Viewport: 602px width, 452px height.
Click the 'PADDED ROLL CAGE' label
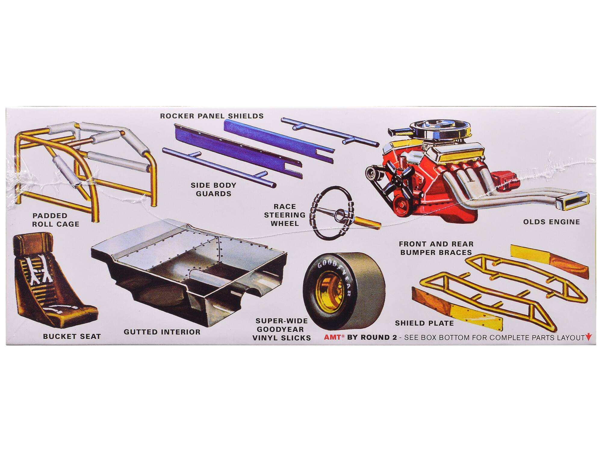pos(56,220)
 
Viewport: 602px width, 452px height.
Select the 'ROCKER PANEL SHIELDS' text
pos(212,116)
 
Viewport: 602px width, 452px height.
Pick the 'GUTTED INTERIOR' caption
pos(162,332)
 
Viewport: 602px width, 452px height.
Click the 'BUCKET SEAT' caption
pos(72,336)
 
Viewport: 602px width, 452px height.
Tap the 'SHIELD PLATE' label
pos(424,323)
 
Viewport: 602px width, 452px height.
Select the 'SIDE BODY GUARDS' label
pos(213,189)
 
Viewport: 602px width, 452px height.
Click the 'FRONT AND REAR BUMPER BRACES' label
pos(436,248)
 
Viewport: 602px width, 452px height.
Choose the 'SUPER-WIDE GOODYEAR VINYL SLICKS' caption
pos(281,329)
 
